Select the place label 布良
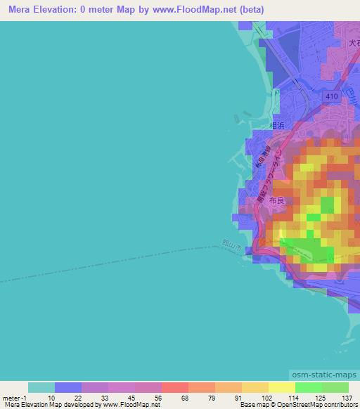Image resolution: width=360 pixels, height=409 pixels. (x=278, y=200)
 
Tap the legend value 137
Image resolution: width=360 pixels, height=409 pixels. (x=347, y=398)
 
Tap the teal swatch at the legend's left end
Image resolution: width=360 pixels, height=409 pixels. (x=41, y=387)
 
